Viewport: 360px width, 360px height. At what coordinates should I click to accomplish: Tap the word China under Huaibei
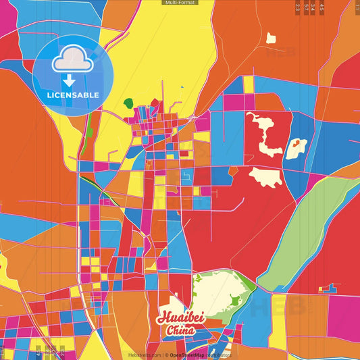(180, 331)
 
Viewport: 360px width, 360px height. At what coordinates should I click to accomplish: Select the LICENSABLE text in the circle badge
(72, 95)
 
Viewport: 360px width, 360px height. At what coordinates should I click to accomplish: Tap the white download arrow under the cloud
(69, 80)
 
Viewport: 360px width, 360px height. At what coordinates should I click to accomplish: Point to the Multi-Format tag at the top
(180, 3)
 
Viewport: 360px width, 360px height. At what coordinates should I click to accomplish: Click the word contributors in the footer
(219, 355)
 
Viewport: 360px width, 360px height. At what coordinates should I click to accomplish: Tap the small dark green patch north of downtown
(128, 103)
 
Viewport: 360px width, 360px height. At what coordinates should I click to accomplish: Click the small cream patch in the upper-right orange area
(271, 38)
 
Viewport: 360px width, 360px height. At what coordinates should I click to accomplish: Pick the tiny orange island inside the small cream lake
(296, 144)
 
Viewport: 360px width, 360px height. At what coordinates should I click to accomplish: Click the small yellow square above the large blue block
(249, 84)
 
